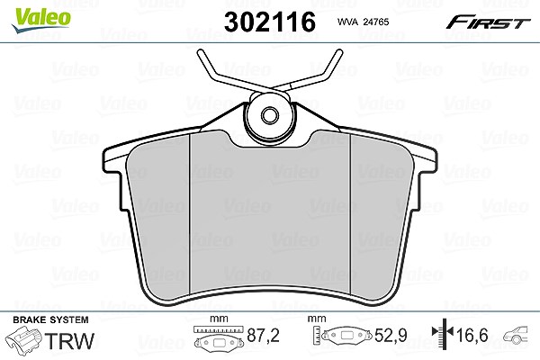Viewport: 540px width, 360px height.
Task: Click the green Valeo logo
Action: (41, 20)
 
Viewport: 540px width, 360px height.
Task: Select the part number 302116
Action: (270, 22)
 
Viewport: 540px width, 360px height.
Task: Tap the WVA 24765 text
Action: (363, 22)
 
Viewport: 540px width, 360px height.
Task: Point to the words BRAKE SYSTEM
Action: (50, 319)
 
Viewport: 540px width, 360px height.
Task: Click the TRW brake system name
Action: (69, 341)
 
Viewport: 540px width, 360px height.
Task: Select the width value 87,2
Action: (263, 336)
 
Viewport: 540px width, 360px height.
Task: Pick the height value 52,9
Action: (391, 336)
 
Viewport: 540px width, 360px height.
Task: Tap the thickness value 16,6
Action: (472, 335)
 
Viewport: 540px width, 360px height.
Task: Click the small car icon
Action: (516, 335)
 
